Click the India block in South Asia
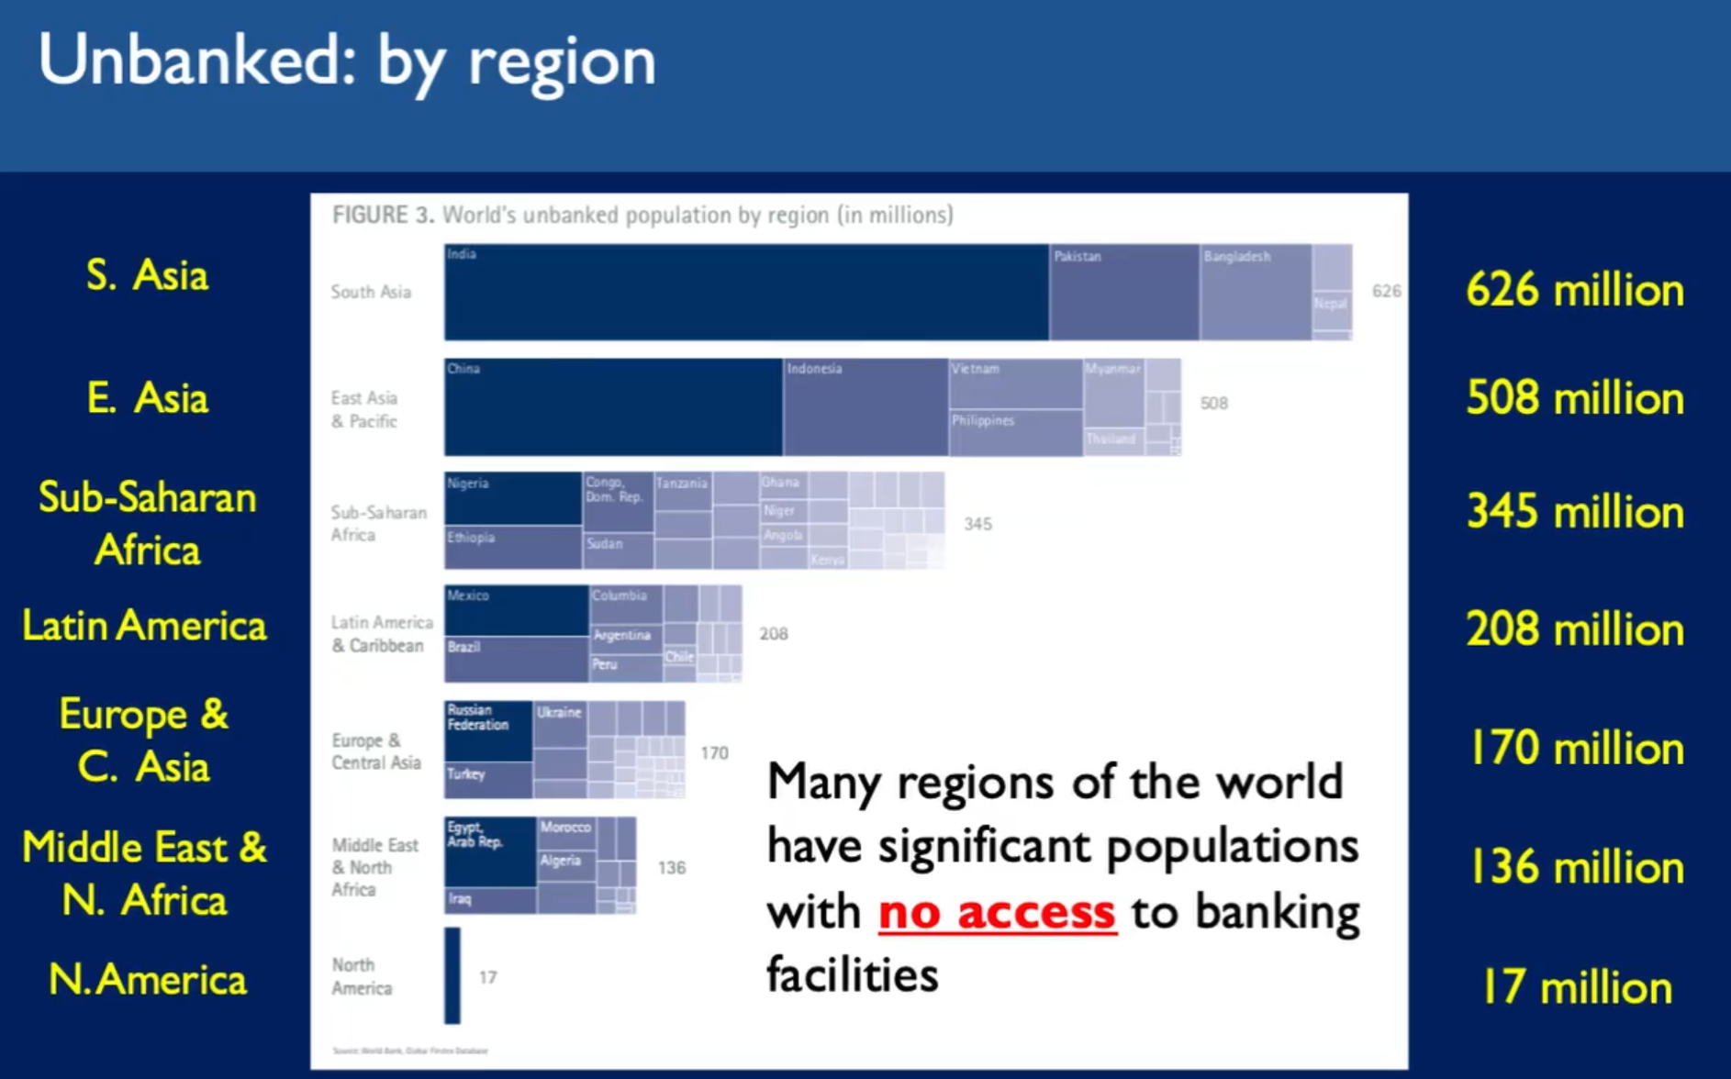click(745, 292)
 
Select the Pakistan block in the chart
click(1123, 292)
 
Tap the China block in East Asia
click(613, 406)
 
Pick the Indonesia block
click(865, 406)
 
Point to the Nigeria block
click(512, 498)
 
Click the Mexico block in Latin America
click(516, 610)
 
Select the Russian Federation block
click(487, 730)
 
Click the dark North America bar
click(452, 975)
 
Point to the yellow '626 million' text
click(1574, 291)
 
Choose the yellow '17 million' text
click(1576, 988)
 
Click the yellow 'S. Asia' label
click(147, 275)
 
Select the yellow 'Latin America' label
click(144, 626)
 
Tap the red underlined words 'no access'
click(997, 912)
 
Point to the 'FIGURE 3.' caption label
click(383, 215)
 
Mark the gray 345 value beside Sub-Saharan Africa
click(977, 524)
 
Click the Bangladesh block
click(1255, 292)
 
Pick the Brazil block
click(516, 659)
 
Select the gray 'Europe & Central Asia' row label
click(376, 751)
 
